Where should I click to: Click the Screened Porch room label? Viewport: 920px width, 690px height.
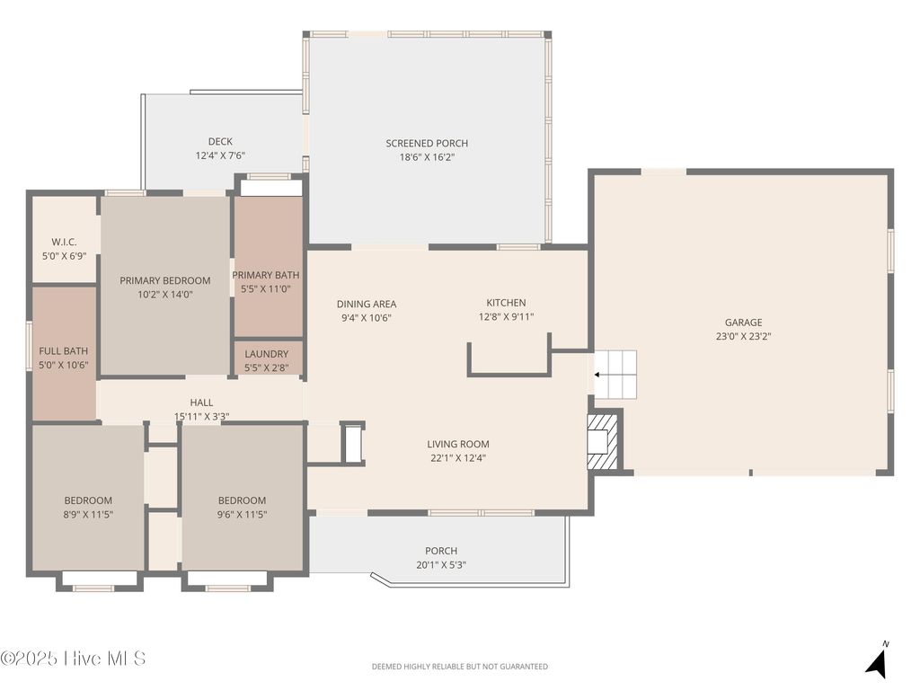tap(427, 144)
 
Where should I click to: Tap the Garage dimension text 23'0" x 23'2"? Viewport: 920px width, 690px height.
tap(743, 337)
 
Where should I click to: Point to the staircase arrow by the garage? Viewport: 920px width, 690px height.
tap(598, 375)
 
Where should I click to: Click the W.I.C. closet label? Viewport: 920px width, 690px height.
tap(63, 242)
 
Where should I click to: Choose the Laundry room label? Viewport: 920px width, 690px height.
tap(267, 354)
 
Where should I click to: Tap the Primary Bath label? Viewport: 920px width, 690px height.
tap(266, 276)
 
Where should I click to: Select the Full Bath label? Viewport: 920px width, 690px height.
tap(63, 351)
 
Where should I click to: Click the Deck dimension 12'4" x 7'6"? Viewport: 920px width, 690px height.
tap(220, 155)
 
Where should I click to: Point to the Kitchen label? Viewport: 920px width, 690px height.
tap(506, 303)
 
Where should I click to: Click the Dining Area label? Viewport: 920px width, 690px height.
tap(367, 304)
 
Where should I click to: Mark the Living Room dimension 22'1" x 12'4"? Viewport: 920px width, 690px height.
tap(458, 458)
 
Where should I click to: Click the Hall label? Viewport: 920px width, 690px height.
tap(201, 402)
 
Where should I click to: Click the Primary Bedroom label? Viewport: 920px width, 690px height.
tap(165, 280)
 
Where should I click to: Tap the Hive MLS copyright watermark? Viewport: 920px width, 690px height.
tap(74, 659)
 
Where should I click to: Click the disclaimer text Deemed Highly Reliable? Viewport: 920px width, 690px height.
tap(459, 667)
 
